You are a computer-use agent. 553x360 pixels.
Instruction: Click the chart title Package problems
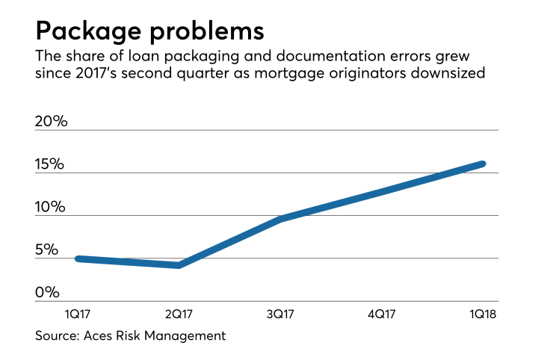149,32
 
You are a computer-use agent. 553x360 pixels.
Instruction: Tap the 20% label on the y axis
52,120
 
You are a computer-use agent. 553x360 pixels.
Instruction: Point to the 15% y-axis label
51,164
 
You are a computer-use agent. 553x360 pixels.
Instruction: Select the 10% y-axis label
51,206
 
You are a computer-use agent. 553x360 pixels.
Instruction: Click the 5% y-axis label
46,249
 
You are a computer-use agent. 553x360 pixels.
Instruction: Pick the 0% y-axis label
46,292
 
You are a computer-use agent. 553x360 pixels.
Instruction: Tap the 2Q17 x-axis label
179,314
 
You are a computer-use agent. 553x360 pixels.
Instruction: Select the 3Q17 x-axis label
280,314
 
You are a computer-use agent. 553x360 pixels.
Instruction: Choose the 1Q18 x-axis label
482,314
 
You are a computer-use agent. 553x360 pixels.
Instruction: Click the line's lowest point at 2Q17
179,265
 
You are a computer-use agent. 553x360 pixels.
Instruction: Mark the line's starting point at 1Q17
78,258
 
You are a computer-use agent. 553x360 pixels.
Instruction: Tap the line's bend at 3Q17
280,219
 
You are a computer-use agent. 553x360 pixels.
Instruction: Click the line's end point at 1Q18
483,164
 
